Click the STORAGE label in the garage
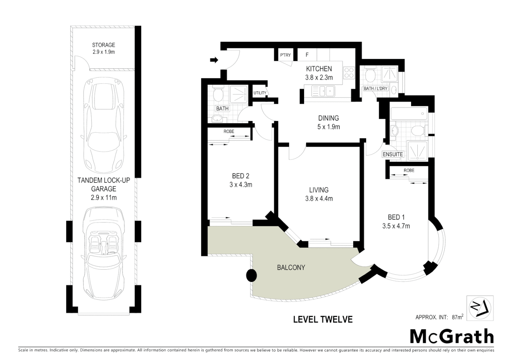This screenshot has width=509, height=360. (104, 45)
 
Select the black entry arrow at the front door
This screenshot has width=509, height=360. (214, 60)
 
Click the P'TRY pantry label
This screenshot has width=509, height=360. (285, 55)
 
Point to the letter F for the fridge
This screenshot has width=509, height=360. (307, 55)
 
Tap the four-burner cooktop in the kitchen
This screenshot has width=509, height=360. (349, 73)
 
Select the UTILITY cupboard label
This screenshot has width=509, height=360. (260, 93)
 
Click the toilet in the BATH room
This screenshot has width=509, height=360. (218, 95)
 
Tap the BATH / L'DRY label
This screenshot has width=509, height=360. (375, 89)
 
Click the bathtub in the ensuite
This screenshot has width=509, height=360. (408, 114)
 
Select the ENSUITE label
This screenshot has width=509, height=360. (393, 154)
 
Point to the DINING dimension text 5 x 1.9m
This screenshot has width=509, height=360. (328, 127)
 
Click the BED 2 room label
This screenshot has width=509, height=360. (241, 176)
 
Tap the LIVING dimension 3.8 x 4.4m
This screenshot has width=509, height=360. (319, 199)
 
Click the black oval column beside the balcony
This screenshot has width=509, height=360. (252, 275)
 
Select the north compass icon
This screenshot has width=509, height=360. (480, 308)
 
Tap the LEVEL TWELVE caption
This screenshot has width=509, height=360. (322, 319)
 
